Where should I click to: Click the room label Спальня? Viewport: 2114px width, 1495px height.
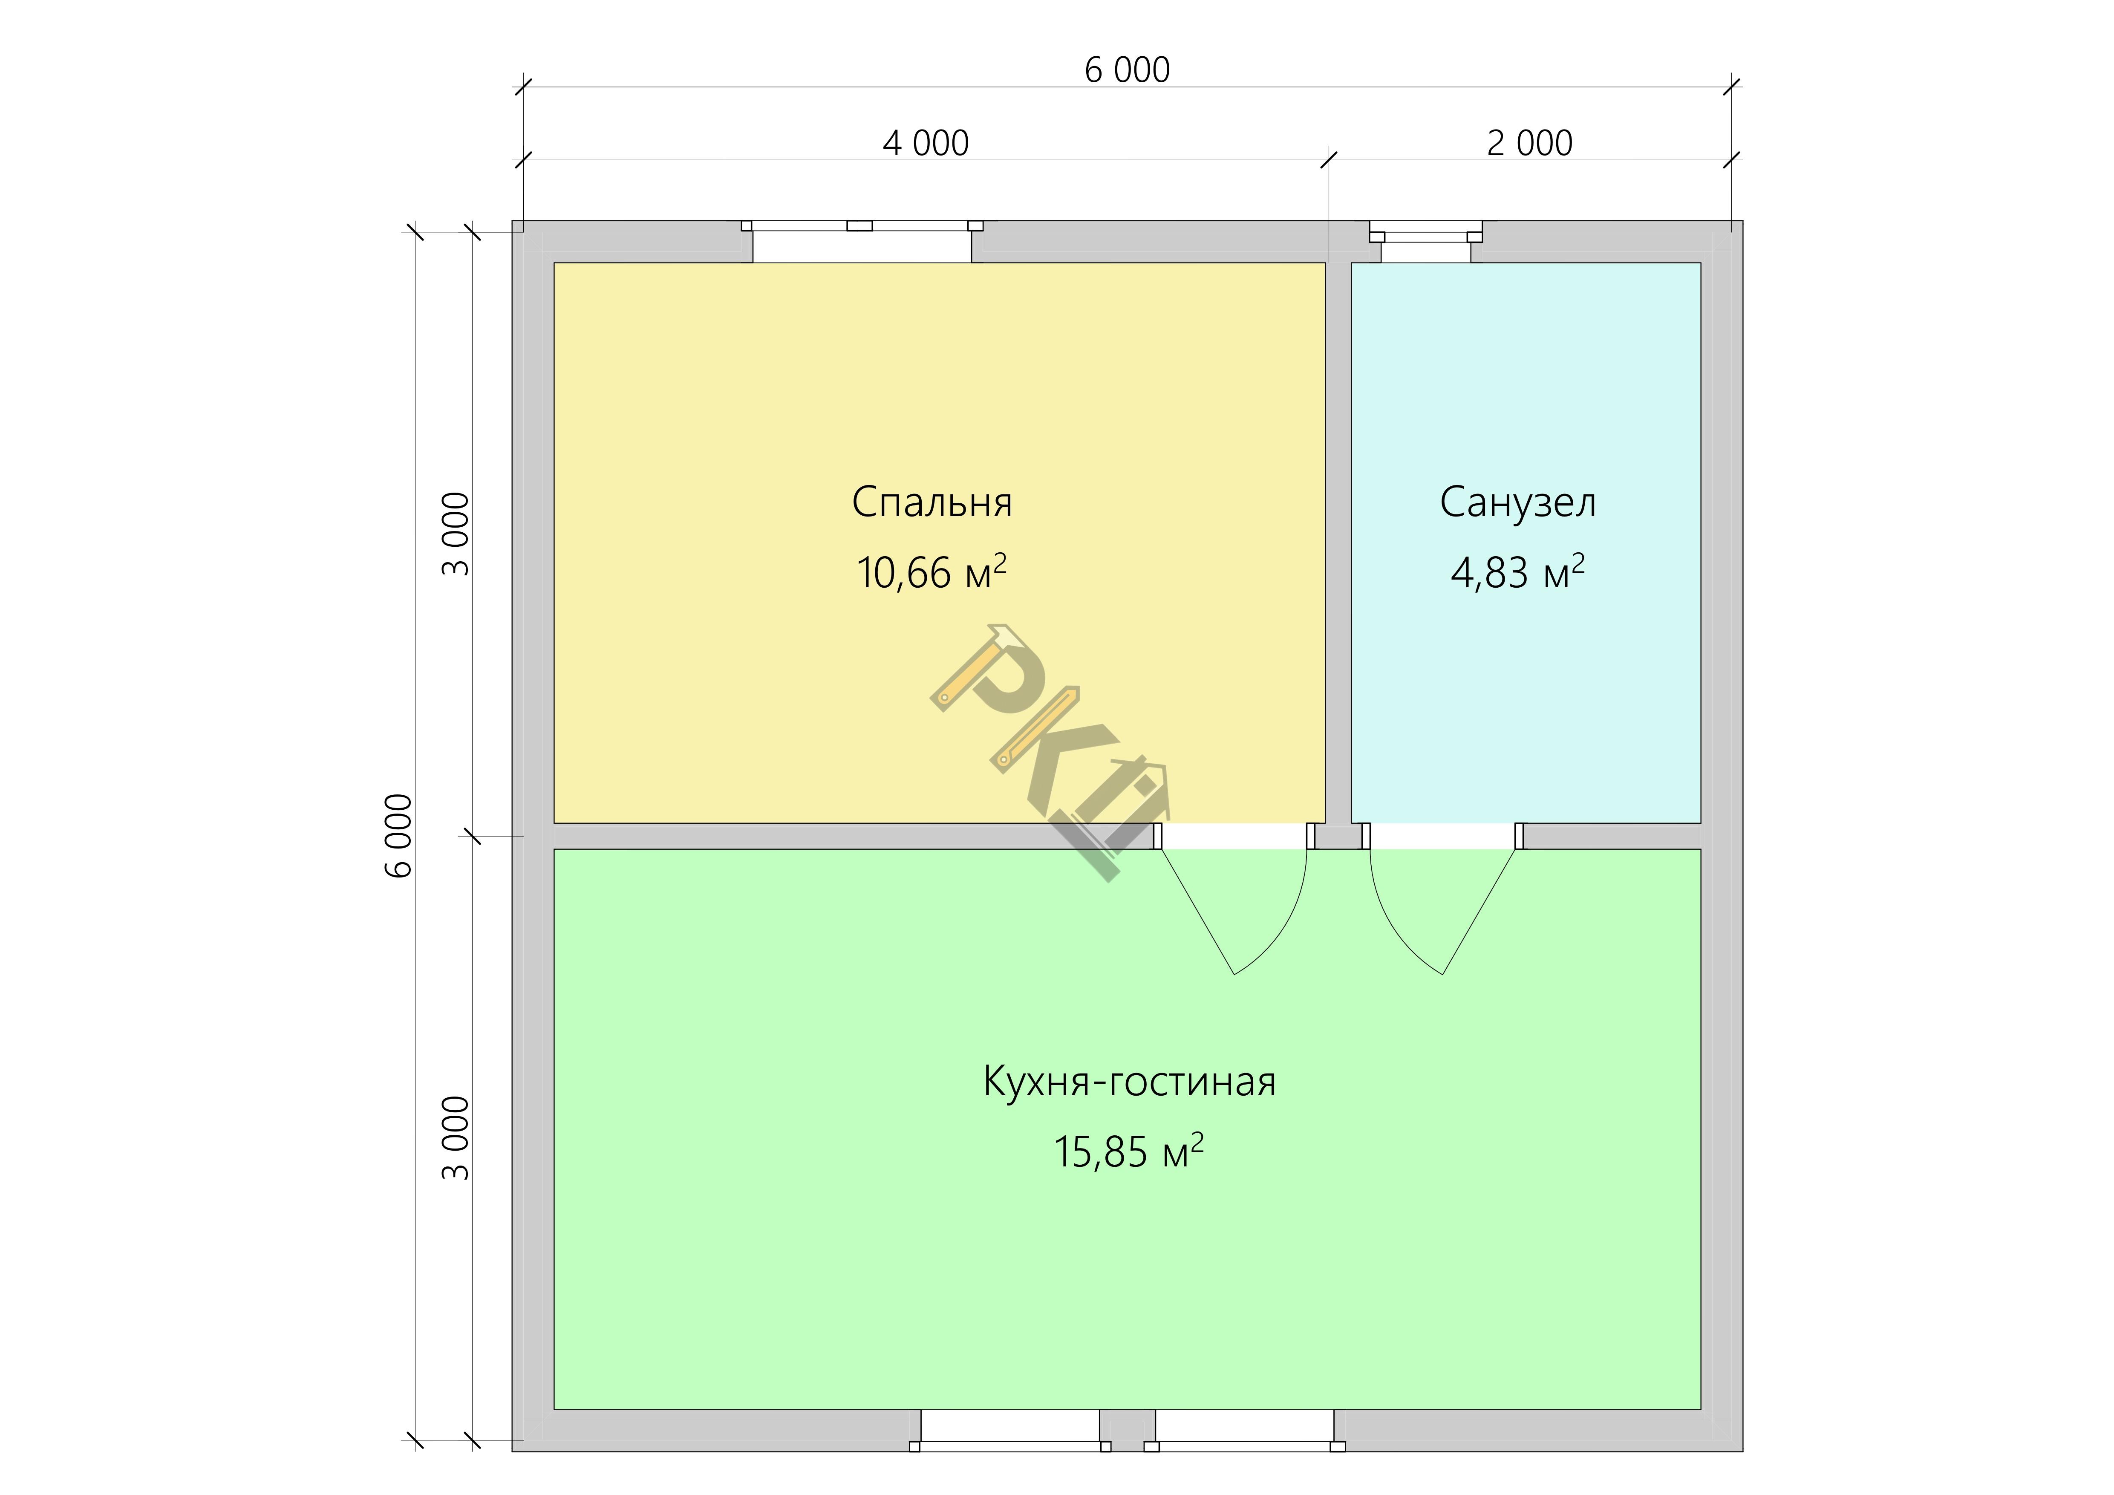tap(932, 502)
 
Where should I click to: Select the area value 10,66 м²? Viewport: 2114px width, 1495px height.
tap(932, 571)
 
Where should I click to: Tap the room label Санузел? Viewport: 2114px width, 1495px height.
tap(1517, 502)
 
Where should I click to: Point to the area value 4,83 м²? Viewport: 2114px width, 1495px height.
tap(1517, 571)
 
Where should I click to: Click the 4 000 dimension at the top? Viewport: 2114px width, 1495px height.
tap(926, 144)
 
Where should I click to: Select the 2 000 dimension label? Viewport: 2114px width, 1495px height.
tap(1529, 144)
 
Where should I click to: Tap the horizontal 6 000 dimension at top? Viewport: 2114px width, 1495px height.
tap(1127, 70)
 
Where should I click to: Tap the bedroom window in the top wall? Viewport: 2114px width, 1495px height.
tap(862, 241)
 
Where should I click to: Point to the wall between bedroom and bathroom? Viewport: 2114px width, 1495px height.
tap(1338, 543)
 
